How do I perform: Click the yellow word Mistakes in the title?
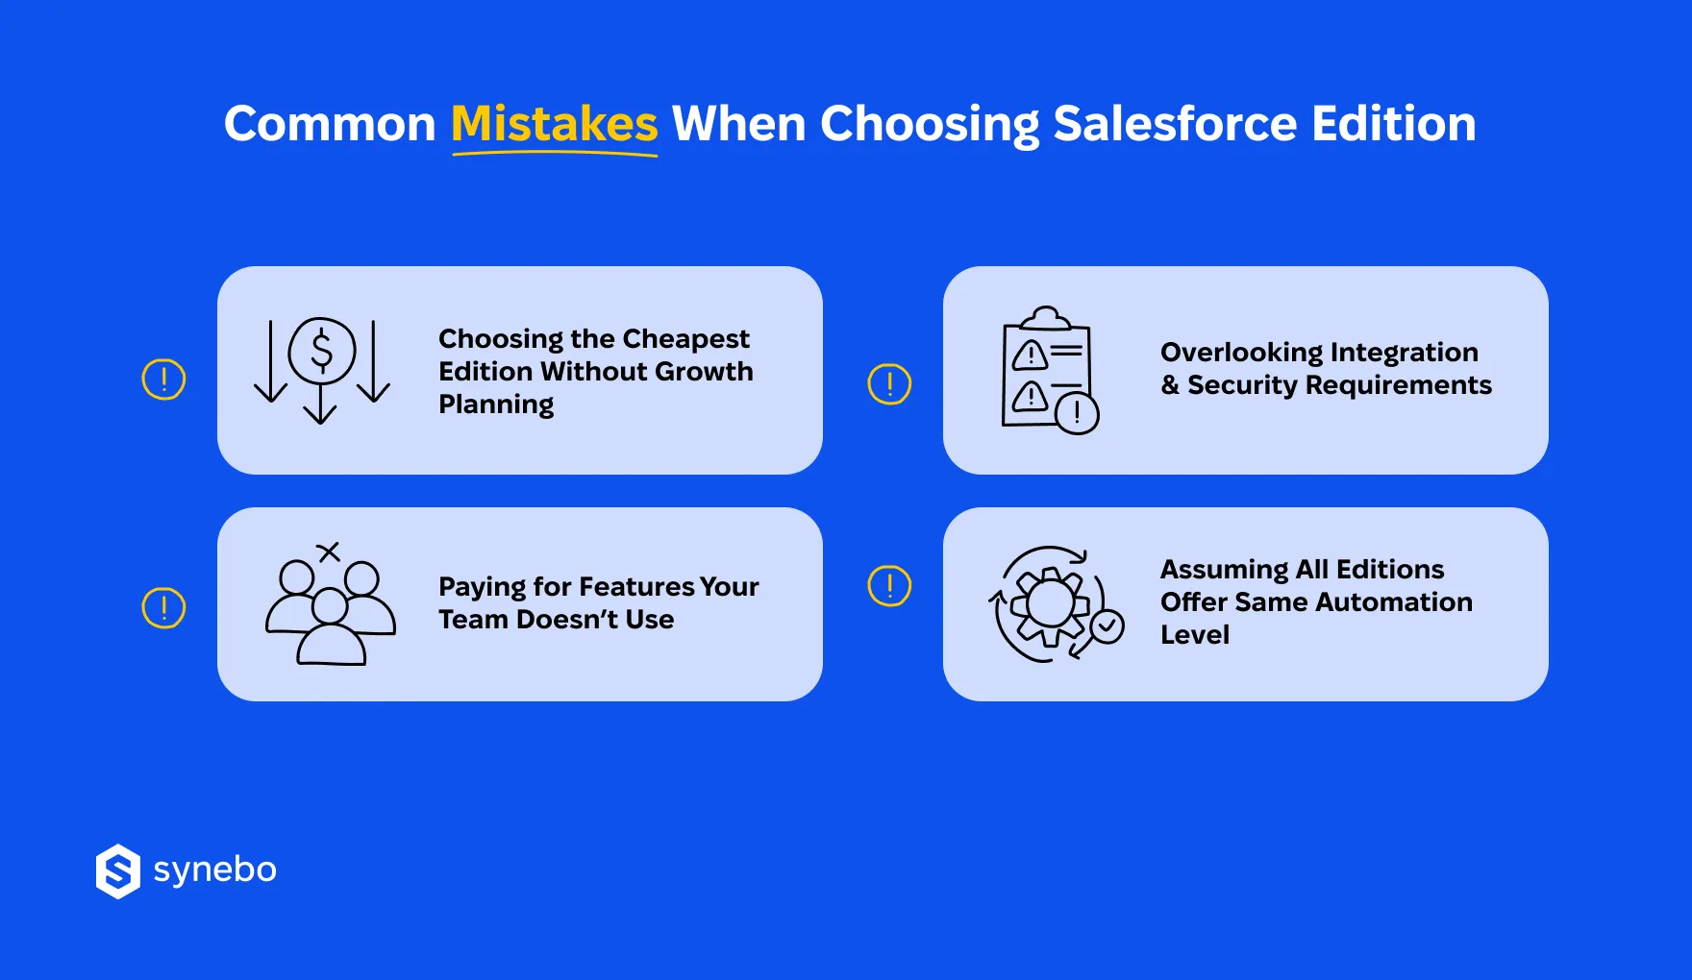pos(554,124)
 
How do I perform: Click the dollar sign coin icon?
pos(322,351)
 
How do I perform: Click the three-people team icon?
pos(330,611)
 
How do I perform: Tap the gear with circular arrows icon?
pos(1050,604)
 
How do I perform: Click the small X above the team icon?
pos(329,551)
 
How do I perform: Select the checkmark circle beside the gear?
pos(1107,626)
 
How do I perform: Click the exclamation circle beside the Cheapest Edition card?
pos(163,380)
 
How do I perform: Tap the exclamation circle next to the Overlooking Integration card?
pos(889,384)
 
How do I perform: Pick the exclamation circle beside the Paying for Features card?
pos(163,608)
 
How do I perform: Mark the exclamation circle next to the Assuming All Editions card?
pos(889,585)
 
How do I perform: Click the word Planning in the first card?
pos(496,404)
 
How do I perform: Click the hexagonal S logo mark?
pos(118,871)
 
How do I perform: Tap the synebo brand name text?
pos(214,870)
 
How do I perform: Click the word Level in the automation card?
pos(1195,635)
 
